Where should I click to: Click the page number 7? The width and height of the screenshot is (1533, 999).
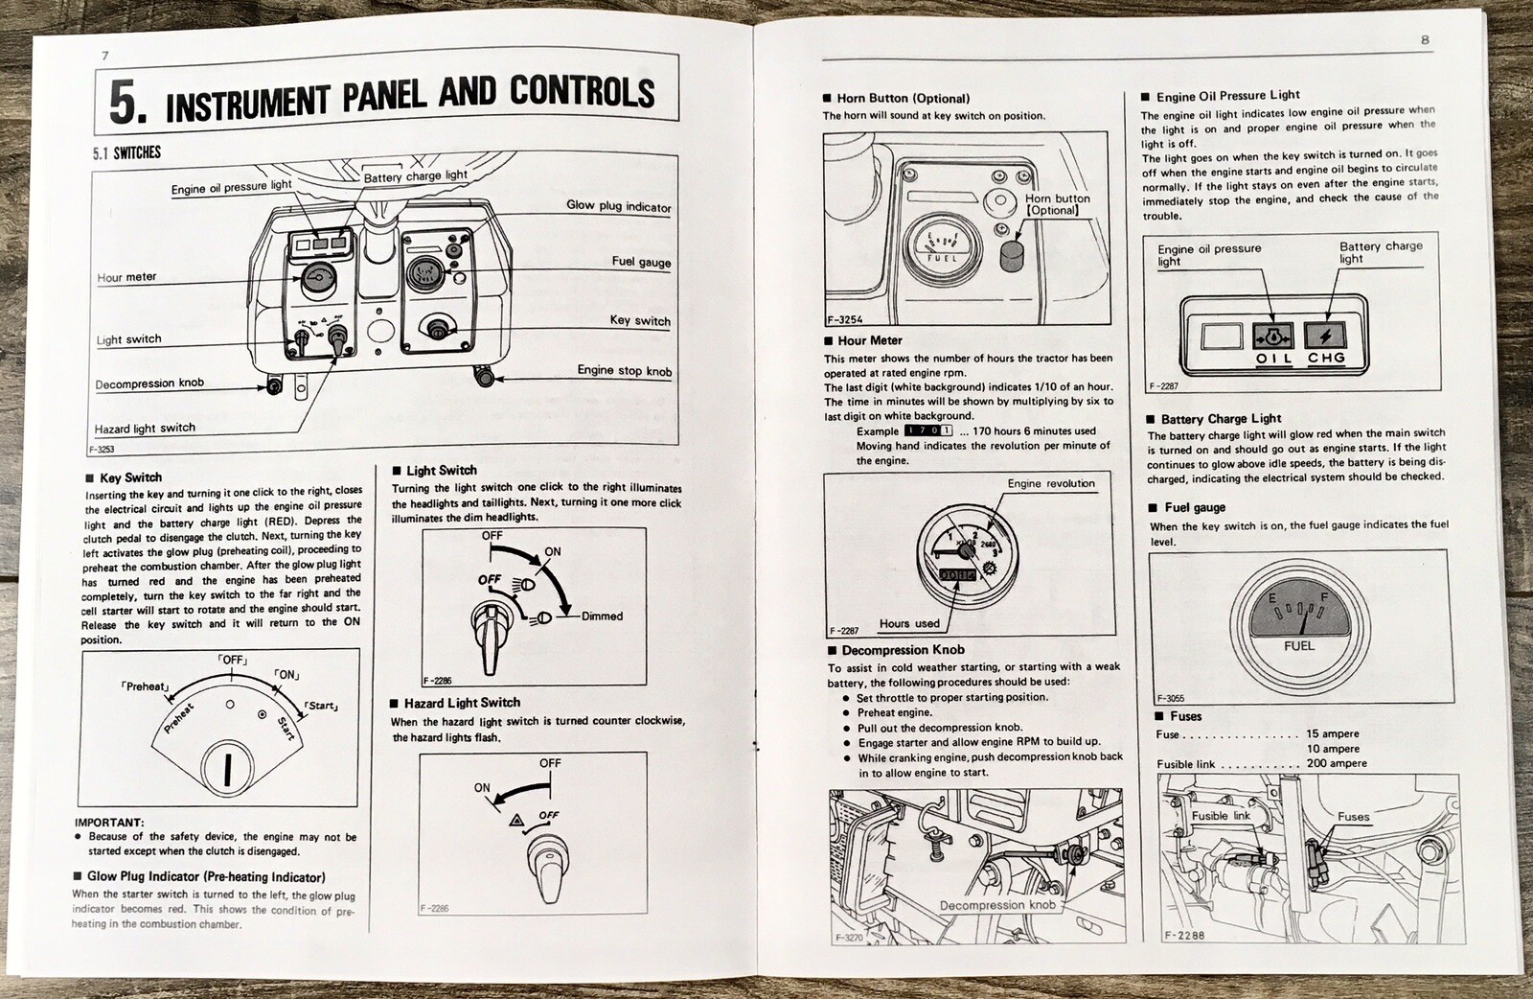coord(104,56)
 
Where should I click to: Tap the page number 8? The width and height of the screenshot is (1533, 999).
coord(1425,40)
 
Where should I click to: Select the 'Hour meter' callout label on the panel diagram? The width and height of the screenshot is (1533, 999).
coord(126,278)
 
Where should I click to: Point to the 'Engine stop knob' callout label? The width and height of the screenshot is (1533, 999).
coord(624,371)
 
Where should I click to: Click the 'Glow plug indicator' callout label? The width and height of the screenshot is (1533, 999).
coord(618,206)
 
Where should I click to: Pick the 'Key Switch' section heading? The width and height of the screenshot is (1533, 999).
coord(130,477)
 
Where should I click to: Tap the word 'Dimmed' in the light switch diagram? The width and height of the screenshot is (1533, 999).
coord(602,616)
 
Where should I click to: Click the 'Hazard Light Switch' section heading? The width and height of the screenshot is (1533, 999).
coord(462,703)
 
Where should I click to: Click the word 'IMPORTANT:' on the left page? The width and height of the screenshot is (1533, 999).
coord(109,823)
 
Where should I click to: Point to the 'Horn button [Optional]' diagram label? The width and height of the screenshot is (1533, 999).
coord(1057,204)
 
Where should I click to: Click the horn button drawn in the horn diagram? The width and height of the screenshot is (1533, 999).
coord(1012,255)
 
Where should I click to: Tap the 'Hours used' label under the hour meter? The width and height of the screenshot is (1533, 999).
coord(908,623)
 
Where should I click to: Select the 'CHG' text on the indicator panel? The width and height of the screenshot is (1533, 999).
coord(1327,358)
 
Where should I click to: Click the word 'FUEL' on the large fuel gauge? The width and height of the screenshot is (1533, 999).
coord(1299,646)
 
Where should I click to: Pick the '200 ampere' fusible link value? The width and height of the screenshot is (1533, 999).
coord(1337,764)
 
